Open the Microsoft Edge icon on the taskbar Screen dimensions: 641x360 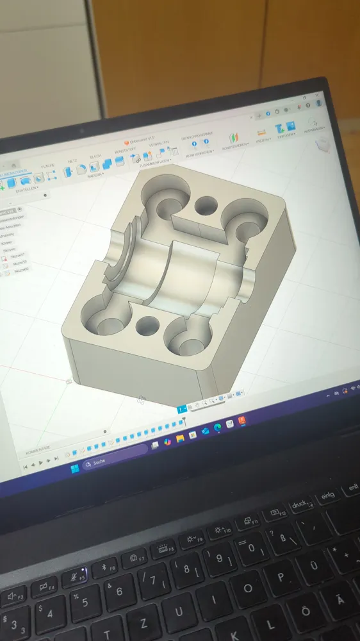click(217, 427)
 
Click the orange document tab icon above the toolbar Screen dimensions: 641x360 click(126, 143)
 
